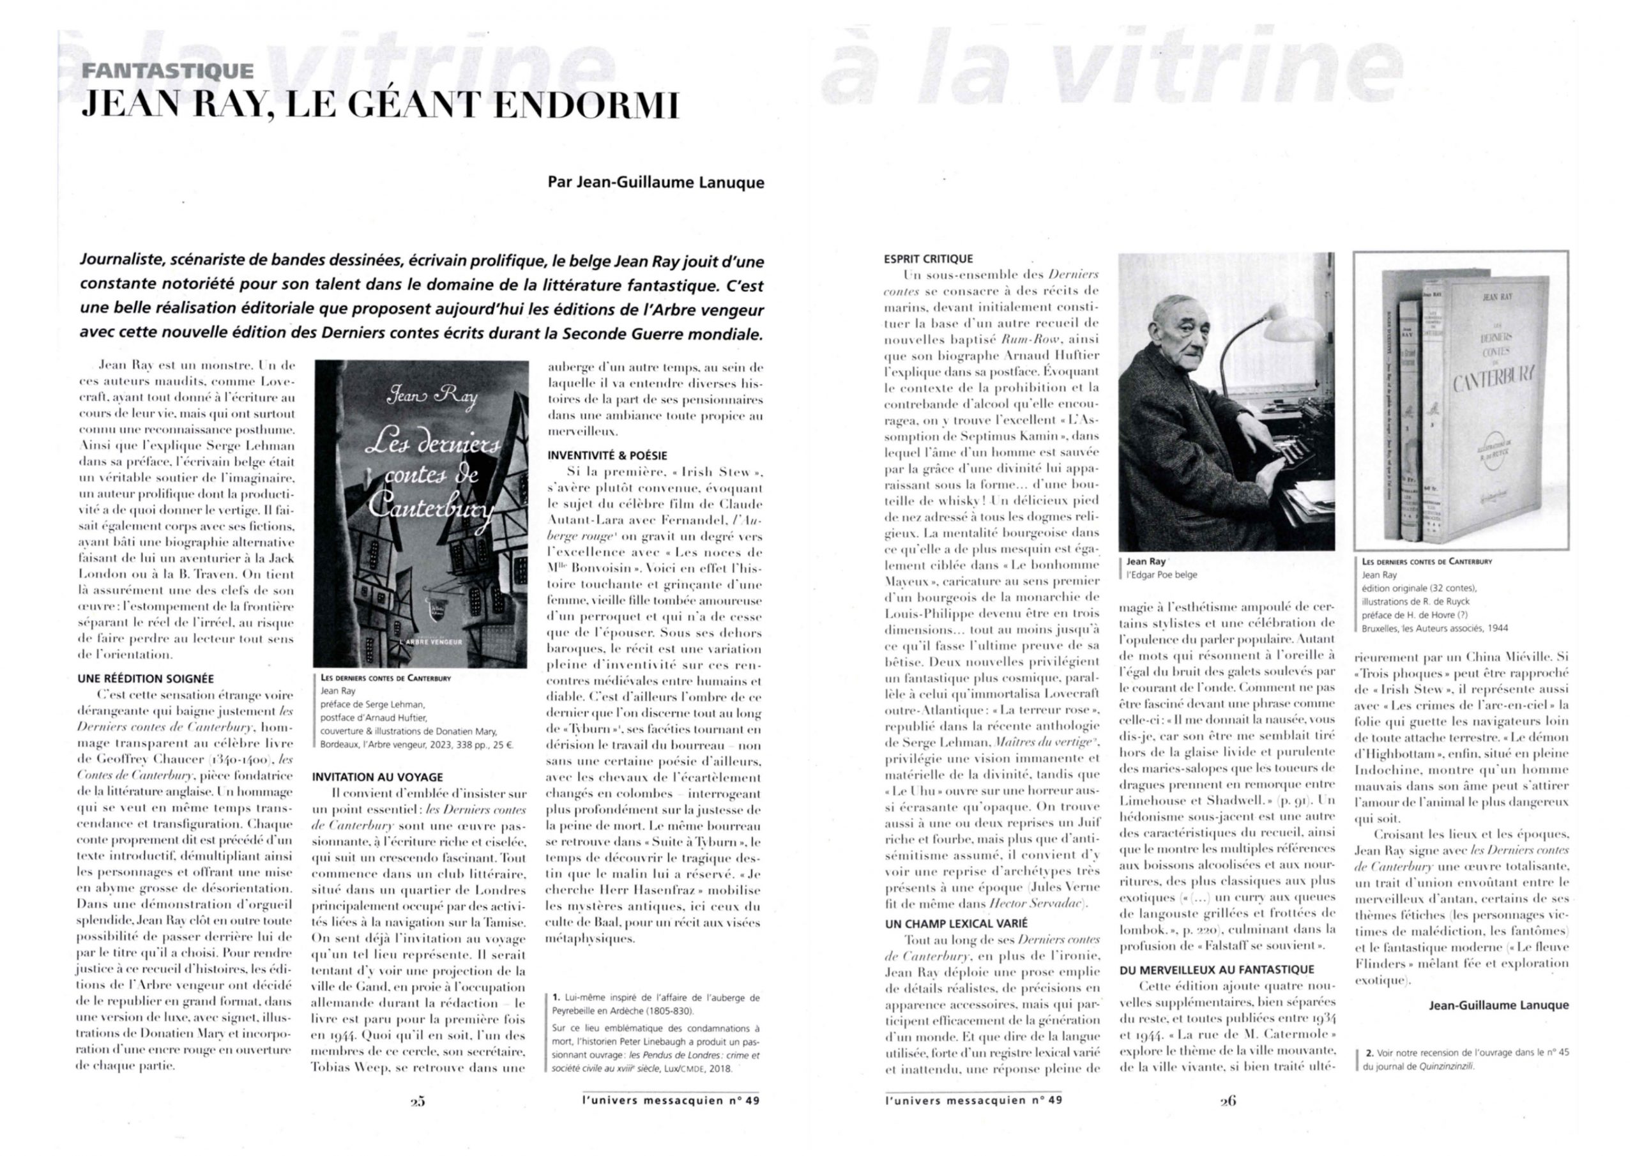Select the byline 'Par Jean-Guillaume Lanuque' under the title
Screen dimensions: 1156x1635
655,182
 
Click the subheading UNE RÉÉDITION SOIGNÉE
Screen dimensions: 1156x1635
145,679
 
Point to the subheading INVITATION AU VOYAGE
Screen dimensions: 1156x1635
377,777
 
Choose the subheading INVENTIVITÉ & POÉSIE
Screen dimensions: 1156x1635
607,456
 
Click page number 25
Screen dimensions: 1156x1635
418,1101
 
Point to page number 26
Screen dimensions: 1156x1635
1228,1101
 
